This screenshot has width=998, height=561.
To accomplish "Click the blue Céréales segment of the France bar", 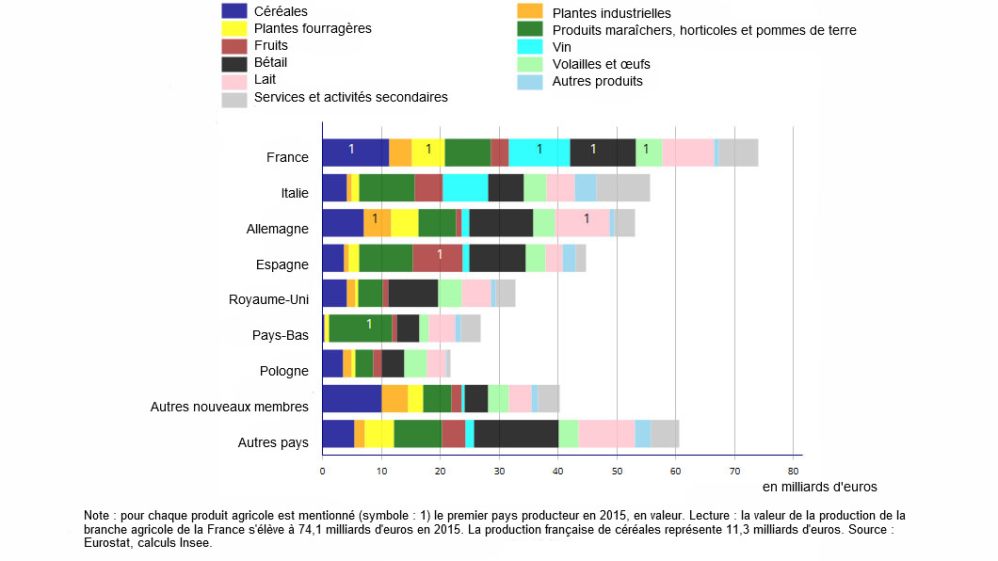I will pos(355,152).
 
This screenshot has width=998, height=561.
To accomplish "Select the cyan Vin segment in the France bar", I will pos(539,152).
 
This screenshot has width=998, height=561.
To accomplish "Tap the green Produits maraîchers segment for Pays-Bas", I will pos(360,329).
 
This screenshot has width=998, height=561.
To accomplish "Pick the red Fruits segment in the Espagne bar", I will pos(437,258).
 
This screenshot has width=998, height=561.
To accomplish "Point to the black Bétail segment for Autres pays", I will pos(516,434).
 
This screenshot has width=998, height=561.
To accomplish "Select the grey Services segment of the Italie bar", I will pos(622,188).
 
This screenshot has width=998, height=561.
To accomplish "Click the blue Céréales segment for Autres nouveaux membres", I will pos(351,399).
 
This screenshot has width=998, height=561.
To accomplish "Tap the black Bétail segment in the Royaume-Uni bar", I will pos(413,294).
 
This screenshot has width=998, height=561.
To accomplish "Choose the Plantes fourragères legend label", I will pos(313,28).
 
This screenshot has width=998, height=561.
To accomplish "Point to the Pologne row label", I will pos(283,371).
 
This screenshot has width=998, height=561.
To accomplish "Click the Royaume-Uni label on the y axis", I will pos(268,300).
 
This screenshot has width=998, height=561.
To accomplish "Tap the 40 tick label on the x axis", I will pos(557,471).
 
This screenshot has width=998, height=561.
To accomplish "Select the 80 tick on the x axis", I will pos(793,471).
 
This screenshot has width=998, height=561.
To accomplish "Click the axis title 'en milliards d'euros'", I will pos(819,487).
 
